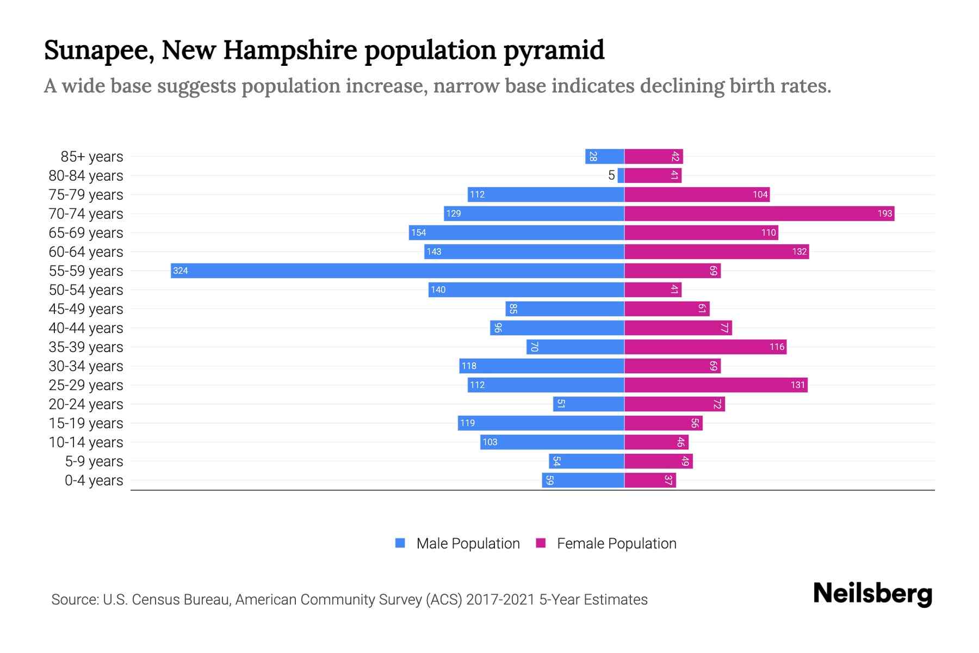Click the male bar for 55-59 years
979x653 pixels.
point(397,270)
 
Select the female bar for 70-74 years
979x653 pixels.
point(759,213)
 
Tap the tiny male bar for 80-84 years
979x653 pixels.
point(621,175)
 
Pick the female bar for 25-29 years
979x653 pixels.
point(715,385)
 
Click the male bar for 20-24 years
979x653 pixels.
point(588,404)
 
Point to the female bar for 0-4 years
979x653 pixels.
point(650,480)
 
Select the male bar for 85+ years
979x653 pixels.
point(604,156)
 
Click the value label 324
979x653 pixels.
point(181,270)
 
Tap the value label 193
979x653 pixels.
point(884,213)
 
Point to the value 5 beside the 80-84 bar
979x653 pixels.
point(611,175)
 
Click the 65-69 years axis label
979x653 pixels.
point(86,233)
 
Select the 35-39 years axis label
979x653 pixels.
point(86,347)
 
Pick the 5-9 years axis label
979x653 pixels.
point(94,461)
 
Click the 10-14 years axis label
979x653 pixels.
point(86,442)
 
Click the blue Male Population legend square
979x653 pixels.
point(400,543)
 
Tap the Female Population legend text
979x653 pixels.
point(616,543)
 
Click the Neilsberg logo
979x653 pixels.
point(872,593)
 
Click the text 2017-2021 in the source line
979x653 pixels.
point(500,600)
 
